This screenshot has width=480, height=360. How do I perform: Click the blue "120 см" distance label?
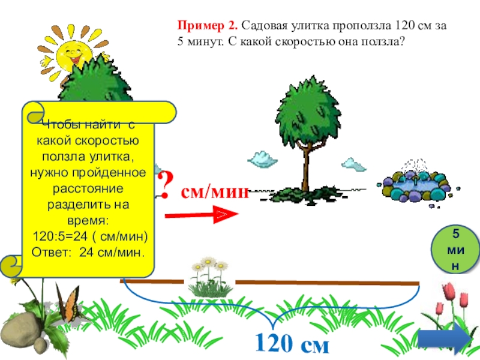click(x=292, y=344)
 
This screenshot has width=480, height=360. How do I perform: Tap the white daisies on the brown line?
click(x=208, y=274)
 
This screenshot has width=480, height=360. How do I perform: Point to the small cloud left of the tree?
click(x=262, y=158)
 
